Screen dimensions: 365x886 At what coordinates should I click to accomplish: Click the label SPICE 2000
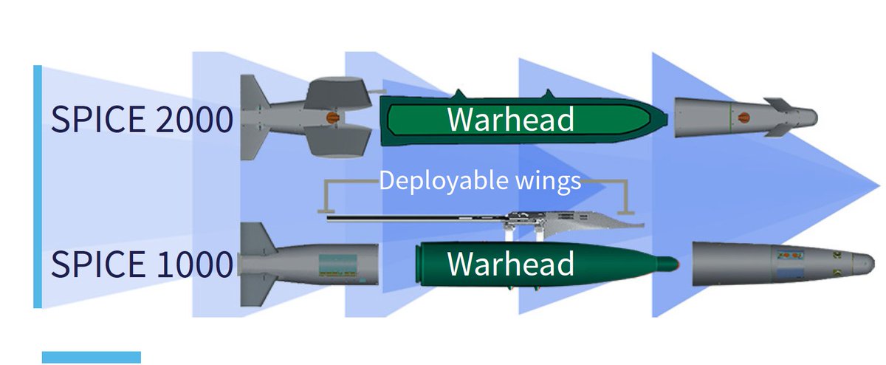pyautogui.click(x=141, y=119)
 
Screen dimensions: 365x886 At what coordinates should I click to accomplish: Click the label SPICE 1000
pyautogui.click(x=141, y=264)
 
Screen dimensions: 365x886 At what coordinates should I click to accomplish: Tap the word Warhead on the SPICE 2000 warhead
pyautogui.click(x=510, y=119)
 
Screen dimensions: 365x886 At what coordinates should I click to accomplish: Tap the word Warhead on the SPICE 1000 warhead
pyautogui.click(x=510, y=264)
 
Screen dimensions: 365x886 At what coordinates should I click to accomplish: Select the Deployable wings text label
pyautogui.click(x=480, y=181)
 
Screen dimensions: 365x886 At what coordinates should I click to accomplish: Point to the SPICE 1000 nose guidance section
pyautogui.click(x=783, y=264)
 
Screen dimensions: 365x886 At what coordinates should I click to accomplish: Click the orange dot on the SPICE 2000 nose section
pyautogui.click(x=744, y=115)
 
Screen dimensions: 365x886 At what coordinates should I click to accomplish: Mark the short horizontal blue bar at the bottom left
pyautogui.click(x=91, y=357)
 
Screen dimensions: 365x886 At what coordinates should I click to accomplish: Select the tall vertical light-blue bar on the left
pyautogui.click(x=37, y=185)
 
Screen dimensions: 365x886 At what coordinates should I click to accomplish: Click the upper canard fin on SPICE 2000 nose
pyautogui.click(x=777, y=102)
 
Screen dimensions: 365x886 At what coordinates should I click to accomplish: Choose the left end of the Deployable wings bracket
pyautogui.click(x=323, y=211)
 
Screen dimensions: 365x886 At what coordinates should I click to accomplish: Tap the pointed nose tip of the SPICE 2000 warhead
pyautogui.click(x=664, y=117)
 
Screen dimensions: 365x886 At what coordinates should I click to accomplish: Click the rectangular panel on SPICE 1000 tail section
pyautogui.click(x=337, y=265)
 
